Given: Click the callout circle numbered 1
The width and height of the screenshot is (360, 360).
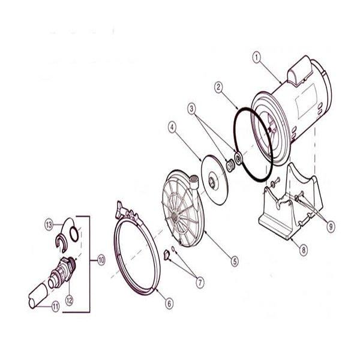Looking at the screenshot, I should point(256,58).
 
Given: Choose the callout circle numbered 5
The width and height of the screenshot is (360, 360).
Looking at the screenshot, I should point(235,260).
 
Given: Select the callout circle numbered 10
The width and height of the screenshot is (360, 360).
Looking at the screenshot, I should point(100,260).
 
